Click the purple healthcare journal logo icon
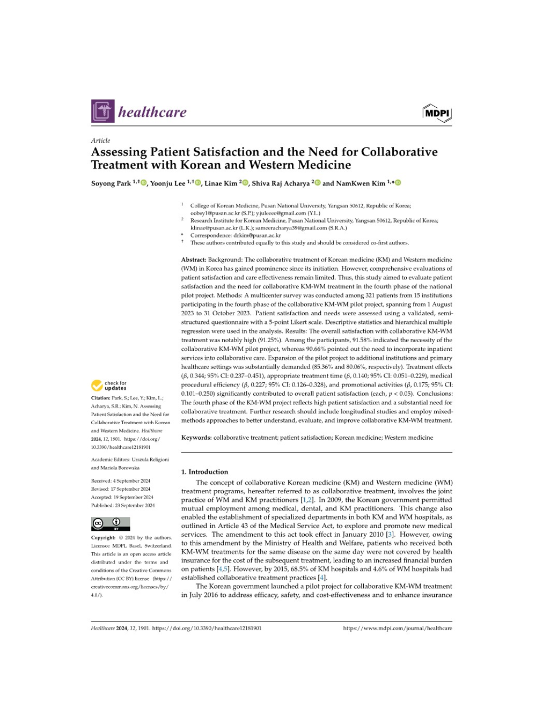tap(102, 111)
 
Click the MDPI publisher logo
tap(437, 113)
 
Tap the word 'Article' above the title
tap(100, 140)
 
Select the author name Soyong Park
tap(111, 183)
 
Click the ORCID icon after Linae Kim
tap(245, 183)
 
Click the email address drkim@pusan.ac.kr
tap(257, 235)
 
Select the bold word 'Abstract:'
tap(194, 260)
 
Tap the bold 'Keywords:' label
tap(196, 438)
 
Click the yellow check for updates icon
tap(97, 386)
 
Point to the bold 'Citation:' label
tap(101, 398)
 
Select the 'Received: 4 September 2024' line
tap(121, 481)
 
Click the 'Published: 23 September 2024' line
tap(123, 505)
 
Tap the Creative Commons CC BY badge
tap(111, 523)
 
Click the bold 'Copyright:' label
tap(103, 537)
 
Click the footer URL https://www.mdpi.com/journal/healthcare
tap(398, 628)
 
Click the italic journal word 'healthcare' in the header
tap(152, 112)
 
